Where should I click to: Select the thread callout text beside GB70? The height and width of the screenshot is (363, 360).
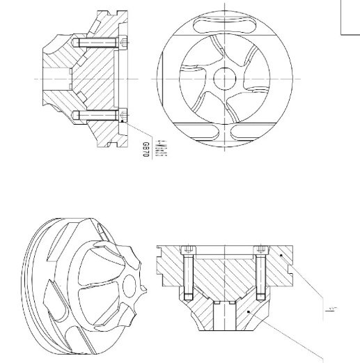click(159, 148)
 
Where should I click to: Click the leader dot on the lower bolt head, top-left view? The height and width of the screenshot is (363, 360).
click(124, 121)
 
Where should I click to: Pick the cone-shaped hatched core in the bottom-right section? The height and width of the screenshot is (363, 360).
click(224, 279)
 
